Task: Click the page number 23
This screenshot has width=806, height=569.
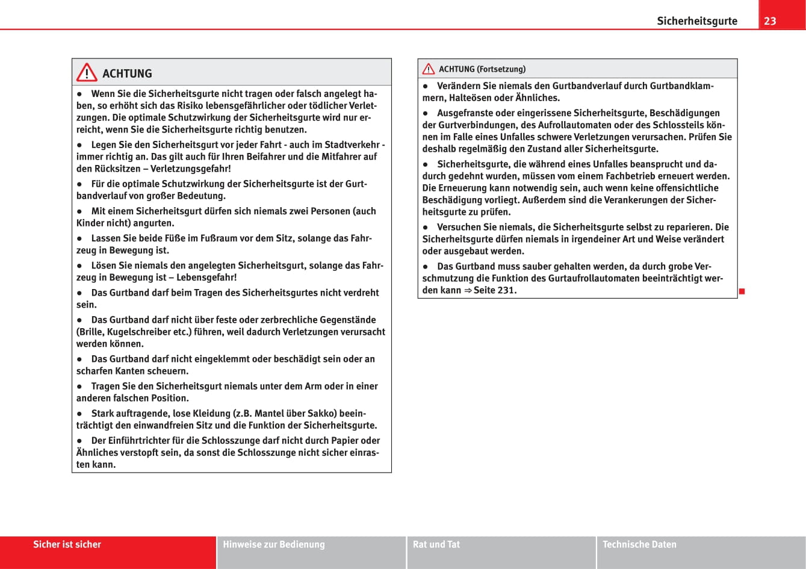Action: tap(770, 21)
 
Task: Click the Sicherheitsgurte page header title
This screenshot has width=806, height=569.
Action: tap(696, 21)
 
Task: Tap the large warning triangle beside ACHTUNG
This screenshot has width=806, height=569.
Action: tap(87, 73)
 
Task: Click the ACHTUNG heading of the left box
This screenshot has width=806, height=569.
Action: tap(127, 73)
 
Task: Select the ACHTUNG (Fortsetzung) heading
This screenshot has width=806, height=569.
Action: tap(482, 69)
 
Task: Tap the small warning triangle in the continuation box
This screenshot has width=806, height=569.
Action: tap(429, 69)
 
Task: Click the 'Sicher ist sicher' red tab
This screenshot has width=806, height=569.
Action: tap(67, 544)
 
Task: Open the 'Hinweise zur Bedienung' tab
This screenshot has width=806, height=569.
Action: tap(273, 544)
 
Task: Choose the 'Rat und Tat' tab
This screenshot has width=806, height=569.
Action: tap(436, 544)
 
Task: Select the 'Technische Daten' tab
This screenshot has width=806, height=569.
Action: tap(639, 544)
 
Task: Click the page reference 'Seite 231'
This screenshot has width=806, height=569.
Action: tap(495, 290)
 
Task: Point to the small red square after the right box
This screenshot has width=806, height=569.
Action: tap(743, 291)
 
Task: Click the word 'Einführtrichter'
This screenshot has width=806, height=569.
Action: tap(143, 441)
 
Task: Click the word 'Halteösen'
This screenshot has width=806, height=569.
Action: tap(470, 98)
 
